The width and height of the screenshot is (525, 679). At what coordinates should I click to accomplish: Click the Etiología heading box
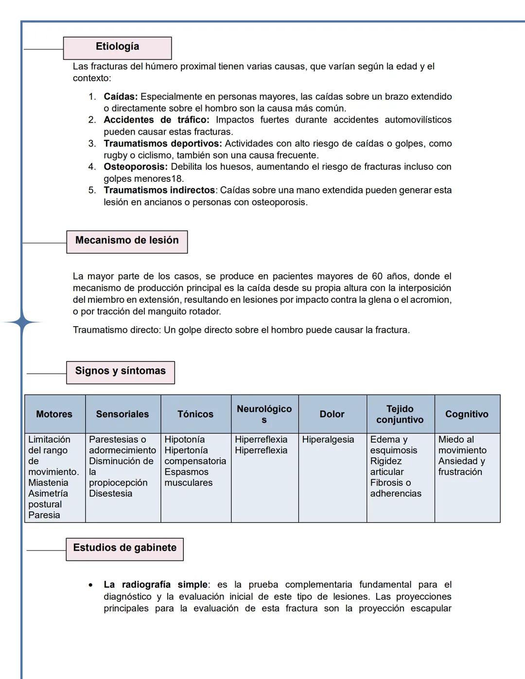117,48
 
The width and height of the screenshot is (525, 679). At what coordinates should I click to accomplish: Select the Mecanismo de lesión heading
127,241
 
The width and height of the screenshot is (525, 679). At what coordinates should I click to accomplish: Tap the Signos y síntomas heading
120,372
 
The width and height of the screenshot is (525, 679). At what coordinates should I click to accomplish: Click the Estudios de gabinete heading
124,549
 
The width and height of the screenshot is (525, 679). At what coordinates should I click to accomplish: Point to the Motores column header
54,414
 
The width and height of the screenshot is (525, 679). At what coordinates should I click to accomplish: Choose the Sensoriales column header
122,414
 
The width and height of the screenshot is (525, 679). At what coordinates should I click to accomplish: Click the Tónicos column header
195,414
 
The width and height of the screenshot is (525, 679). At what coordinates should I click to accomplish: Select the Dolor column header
332,414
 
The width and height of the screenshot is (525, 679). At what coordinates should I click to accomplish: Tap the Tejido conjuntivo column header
400,414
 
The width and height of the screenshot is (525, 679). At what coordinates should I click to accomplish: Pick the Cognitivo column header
467,414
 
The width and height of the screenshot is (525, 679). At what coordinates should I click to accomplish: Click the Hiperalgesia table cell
328,439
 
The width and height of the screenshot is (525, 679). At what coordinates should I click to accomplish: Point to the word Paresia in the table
44,515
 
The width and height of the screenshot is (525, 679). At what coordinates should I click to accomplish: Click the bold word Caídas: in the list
121,97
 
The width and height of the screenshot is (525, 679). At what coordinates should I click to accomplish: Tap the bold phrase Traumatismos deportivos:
162,143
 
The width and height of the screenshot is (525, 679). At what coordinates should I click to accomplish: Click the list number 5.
92,190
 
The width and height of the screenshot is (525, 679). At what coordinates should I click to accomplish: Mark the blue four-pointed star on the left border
21,322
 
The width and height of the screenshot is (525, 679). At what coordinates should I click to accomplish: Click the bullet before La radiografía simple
91,585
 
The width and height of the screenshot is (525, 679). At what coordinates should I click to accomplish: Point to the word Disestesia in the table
110,493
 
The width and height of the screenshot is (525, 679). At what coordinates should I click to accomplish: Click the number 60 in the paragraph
377,276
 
